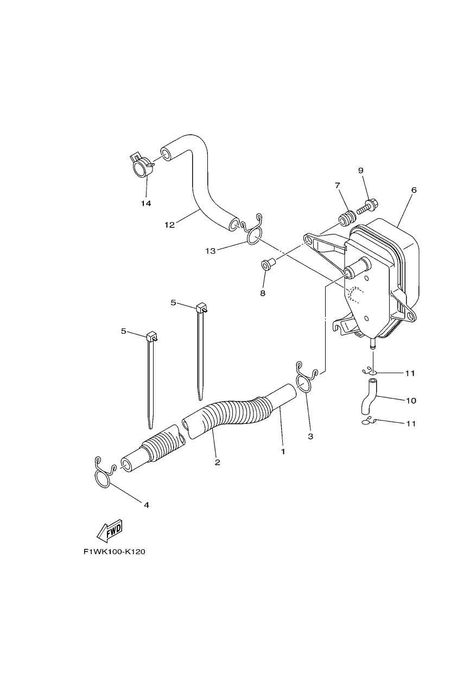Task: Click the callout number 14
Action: pyautogui.click(x=146, y=204)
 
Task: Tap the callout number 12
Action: pyautogui.click(x=169, y=225)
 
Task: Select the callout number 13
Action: pyautogui.click(x=211, y=251)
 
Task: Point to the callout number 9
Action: pyautogui.click(x=360, y=170)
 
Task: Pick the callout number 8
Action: pyautogui.click(x=263, y=293)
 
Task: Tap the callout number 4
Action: pyautogui.click(x=147, y=505)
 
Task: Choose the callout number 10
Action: pyautogui.click(x=411, y=401)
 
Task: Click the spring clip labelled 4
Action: pyautogui.click(x=104, y=477)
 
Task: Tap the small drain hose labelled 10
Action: pyautogui.click(x=368, y=397)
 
